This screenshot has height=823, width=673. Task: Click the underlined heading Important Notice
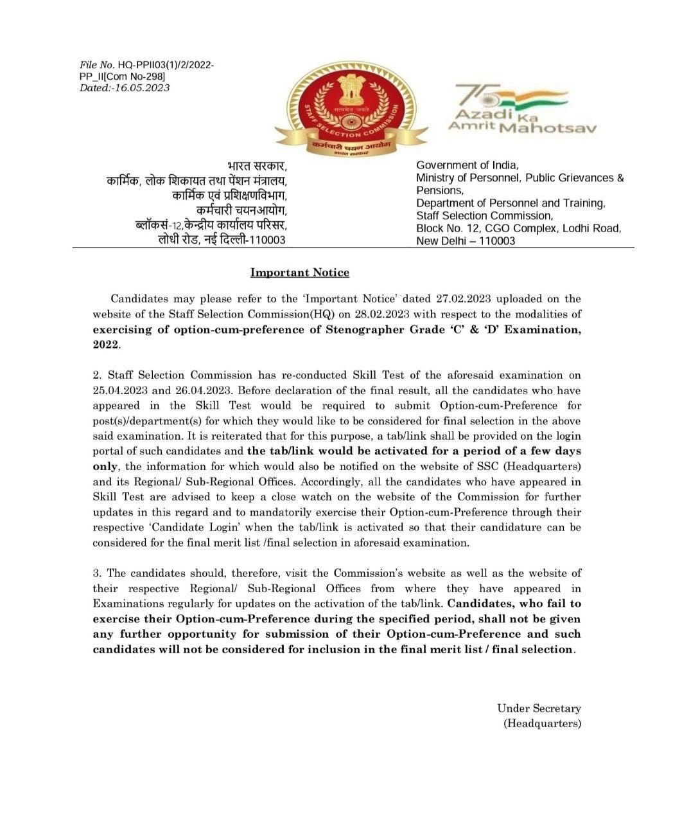(x=299, y=273)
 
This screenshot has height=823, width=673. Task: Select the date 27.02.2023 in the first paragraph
(x=462, y=299)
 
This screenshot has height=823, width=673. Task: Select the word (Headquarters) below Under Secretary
(x=542, y=724)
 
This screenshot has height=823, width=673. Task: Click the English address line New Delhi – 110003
(x=466, y=241)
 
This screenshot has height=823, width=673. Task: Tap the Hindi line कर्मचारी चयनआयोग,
(x=241, y=210)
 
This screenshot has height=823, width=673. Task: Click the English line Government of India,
(x=467, y=165)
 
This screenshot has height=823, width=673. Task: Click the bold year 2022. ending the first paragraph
(x=106, y=345)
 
